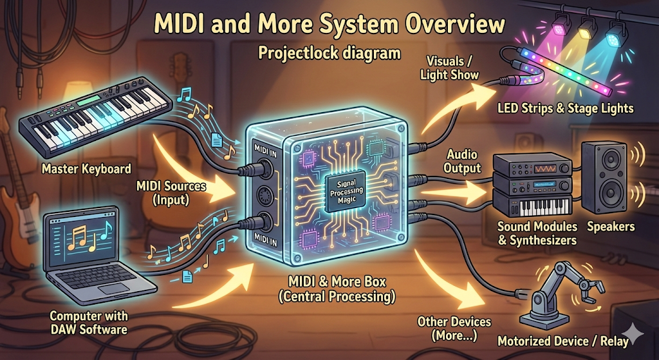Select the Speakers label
pyautogui.click(x=610, y=226)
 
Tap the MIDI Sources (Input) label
pyautogui.click(x=171, y=193)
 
